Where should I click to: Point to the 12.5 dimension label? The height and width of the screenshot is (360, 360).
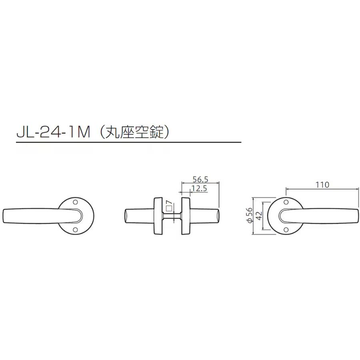point(199,188)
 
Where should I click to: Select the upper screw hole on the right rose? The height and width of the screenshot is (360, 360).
point(286,203)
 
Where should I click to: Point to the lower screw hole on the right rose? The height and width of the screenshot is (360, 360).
point(286,230)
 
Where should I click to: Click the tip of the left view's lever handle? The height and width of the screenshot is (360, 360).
point(5,216)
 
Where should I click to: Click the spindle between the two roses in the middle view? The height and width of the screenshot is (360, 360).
point(172,216)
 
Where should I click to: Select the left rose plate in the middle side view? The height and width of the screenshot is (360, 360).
point(157,216)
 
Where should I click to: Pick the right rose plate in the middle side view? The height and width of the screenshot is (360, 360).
point(186,216)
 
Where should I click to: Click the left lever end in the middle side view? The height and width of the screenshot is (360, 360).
point(127,216)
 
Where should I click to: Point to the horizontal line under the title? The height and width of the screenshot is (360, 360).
point(128,142)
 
